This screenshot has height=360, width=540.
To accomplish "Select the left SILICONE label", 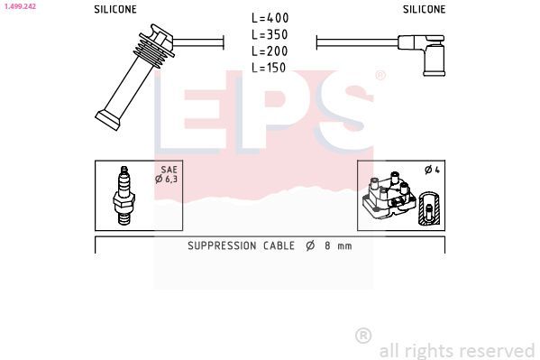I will coord(115,9).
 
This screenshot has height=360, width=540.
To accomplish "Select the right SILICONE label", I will coord(423,9).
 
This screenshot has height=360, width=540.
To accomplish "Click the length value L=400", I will coord(270,18).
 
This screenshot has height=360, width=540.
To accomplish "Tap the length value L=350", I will coord(270,34).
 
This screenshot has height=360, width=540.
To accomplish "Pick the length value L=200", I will coord(270,51).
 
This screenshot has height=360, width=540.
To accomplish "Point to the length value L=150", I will coord(270,67).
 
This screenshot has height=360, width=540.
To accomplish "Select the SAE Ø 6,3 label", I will coord(165,174).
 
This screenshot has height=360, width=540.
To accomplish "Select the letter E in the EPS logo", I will coord(189,113).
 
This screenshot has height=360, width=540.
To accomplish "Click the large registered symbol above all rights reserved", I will coord(363,335).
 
